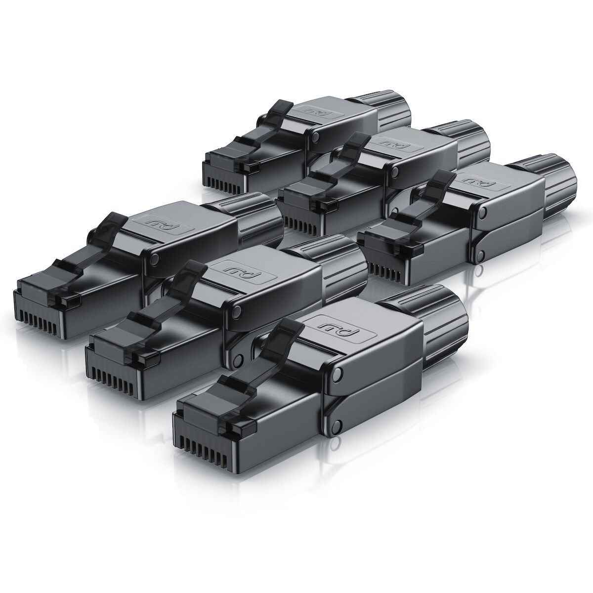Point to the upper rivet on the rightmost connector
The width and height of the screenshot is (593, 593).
482,212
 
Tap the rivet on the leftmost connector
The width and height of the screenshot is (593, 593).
155,259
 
